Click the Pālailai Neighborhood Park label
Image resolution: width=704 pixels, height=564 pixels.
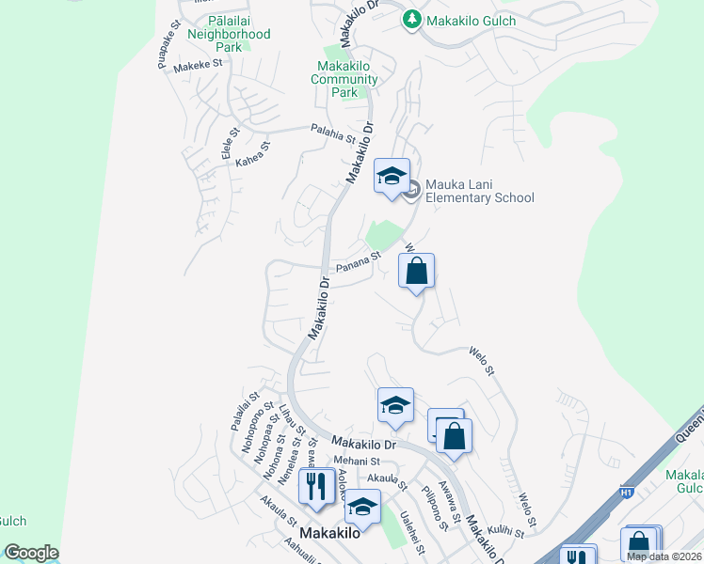coord(229,34)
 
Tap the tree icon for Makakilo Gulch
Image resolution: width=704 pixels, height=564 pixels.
coord(411,19)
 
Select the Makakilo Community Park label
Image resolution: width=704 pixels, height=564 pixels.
coord(344,80)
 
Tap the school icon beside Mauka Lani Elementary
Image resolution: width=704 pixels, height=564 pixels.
coord(392,176)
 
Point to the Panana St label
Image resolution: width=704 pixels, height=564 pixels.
coord(359,258)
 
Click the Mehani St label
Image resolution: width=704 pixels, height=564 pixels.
coord(357,462)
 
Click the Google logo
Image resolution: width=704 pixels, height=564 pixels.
coord(30,553)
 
